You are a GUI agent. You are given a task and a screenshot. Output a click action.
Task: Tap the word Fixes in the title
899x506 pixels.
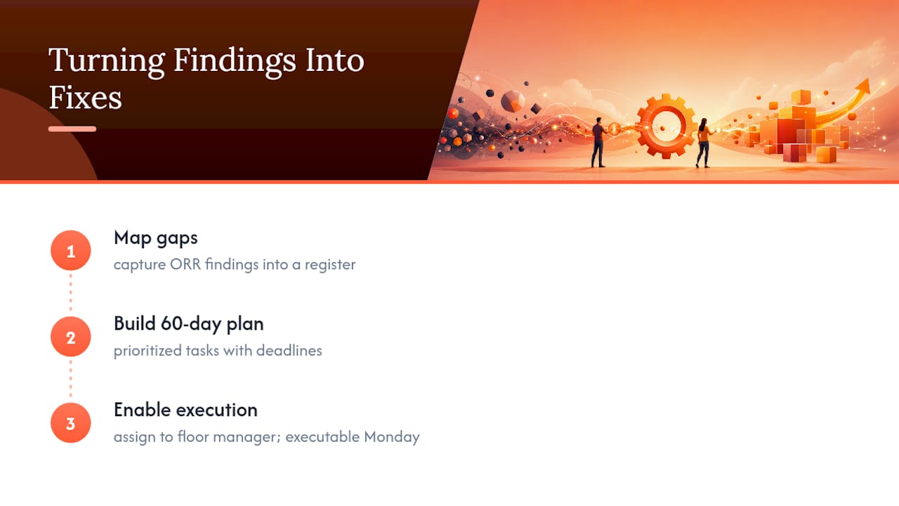coord(85,97)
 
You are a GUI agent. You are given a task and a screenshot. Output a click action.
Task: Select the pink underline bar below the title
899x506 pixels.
coord(72,129)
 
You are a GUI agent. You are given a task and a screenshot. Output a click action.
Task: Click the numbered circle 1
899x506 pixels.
coord(71,250)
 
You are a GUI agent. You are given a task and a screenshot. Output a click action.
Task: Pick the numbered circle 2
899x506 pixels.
coord(71,337)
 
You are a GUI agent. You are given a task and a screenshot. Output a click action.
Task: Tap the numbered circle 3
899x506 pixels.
coord(71,423)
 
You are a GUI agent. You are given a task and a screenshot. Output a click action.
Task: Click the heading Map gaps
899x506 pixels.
coord(156,238)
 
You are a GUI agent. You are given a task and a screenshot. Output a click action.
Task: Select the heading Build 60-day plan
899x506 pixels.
coord(189,324)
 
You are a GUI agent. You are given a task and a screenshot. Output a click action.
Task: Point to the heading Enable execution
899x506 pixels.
coord(185,410)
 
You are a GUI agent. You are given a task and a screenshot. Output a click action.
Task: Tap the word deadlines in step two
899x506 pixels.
coord(289,351)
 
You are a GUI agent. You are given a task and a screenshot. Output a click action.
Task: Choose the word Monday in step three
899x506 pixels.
coord(392,437)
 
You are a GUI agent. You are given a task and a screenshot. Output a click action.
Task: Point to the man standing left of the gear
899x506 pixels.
coord(598,143)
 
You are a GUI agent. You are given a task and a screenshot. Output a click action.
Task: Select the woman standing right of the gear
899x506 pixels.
coord(704,143)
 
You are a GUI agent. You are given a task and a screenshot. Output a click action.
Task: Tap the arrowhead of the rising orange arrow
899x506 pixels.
coord(863,86)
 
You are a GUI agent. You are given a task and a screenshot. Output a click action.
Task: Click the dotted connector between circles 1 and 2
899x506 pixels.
coord(71,292)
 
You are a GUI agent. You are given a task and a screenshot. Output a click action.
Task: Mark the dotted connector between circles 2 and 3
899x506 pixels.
coord(71,379)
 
